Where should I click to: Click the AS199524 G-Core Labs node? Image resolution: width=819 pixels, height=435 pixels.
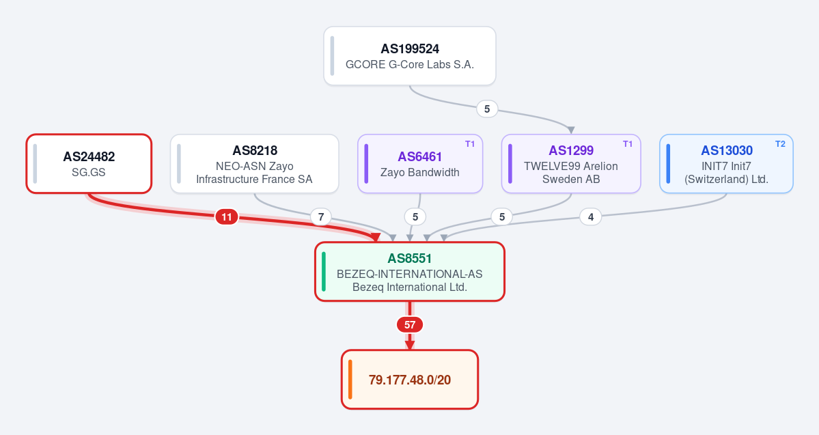tap(410, 56)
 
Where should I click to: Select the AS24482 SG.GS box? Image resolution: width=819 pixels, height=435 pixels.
tap(89, 163)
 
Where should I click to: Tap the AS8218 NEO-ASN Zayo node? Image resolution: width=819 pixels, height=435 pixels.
tap(254, 163)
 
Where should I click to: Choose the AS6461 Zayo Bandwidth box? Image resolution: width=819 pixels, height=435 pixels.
tap(420, 163)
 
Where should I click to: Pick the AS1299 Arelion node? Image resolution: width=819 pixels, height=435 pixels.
tap(571, 163)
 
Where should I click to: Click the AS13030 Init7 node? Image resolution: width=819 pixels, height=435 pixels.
tap(726, 163)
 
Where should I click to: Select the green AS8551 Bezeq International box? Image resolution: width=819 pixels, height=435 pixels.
tap(410, 272)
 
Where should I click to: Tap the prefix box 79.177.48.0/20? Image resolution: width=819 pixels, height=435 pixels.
tap(410, 380)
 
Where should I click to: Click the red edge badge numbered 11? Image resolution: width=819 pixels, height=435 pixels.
tap(227, 216)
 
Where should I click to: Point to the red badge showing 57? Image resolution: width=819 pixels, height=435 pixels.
tap(410, 325)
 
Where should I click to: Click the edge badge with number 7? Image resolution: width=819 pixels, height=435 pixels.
tap(321, 216)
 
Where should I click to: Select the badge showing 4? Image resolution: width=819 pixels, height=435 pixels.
tap(591, 216)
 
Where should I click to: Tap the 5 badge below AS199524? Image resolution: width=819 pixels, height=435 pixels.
tap(487, 109)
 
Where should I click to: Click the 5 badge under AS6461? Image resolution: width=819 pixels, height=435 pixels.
tap(415, 216)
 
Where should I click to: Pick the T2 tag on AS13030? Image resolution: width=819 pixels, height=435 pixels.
tap(780, 144)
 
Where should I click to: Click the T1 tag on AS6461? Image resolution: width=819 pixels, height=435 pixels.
tap(469, 144)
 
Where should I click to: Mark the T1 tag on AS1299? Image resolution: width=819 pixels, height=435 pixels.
tap(627, 144)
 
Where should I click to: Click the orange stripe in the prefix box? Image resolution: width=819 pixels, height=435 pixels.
tap(350, 380)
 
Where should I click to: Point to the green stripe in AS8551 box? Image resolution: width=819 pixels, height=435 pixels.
tap(324, 272)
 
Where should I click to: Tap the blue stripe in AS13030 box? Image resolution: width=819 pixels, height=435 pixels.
tap(668, 163)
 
